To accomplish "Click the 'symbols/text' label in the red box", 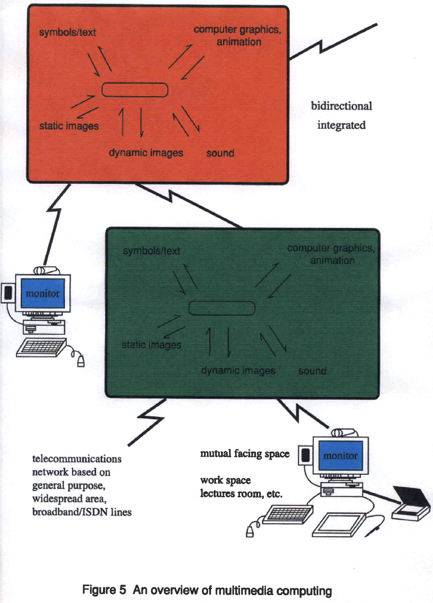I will click(67, 33).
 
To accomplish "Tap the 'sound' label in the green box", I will click(312, 371).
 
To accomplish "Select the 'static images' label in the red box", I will click(69, 126).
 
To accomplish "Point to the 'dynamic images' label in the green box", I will click(238, 371).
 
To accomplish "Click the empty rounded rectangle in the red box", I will click(135, 90).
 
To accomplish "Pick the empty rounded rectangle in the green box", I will click(222, 308).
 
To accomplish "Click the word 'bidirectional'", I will click(341, 106).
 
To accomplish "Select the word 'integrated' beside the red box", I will click(341, 125).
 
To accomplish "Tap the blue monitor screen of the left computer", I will click(43, 294).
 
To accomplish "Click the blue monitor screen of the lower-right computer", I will click(340, 456).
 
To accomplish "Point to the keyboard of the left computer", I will click(41, 348).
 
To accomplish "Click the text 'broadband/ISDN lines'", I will click(82, 512).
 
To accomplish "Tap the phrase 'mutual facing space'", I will click(245, 453).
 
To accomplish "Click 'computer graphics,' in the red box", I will click(237, 30).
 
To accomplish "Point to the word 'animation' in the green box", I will click(332, 260).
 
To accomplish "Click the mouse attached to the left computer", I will click(81, 361).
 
